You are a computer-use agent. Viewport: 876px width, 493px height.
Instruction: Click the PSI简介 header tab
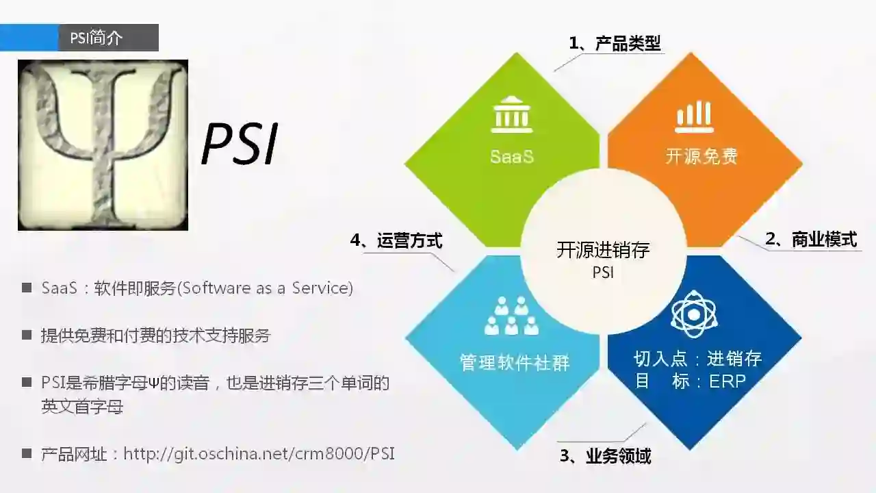96,38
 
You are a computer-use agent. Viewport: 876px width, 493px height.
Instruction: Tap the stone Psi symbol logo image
103,145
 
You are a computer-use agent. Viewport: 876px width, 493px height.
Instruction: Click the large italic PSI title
240,144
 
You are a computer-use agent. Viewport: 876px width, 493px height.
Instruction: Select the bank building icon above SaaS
511,115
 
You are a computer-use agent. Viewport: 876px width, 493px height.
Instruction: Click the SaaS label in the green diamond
511,157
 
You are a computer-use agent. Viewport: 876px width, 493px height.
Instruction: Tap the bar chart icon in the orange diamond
694,116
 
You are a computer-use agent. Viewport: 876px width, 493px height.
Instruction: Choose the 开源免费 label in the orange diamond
701,157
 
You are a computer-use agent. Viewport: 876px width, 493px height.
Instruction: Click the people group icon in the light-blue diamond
511,316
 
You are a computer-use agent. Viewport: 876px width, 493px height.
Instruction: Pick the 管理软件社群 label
515,362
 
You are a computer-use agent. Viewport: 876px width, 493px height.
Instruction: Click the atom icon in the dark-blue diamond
694,314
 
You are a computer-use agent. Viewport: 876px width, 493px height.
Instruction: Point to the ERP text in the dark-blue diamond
727,381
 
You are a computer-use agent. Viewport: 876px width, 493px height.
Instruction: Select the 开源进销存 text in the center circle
603,250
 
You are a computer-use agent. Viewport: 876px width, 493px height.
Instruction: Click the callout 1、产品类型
615,44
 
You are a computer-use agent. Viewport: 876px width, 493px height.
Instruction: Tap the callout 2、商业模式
810,240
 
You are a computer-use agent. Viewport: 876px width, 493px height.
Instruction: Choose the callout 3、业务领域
605,456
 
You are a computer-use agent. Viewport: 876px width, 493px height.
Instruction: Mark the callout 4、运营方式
396,241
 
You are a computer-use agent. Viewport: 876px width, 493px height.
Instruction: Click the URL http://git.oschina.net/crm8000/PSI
259,453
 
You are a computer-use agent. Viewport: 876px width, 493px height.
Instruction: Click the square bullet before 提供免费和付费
27,336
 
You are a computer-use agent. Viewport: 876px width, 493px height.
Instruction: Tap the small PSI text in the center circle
603,273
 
